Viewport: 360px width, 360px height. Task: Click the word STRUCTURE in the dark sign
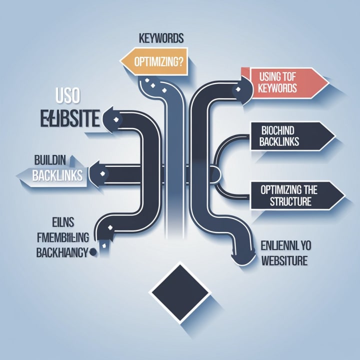pos(290,202)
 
